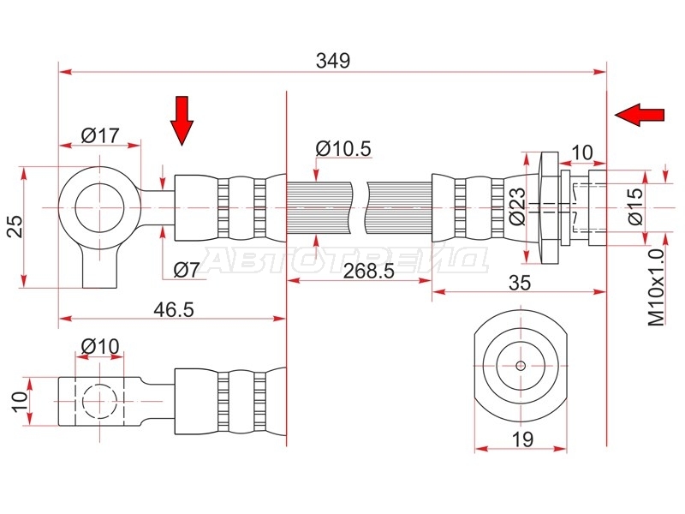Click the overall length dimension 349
tap(333, 61)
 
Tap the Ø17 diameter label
tap(100, 135)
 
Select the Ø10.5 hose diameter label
tap(343, 148)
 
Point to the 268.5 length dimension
tap(369, 271)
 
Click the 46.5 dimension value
tap(174, 310)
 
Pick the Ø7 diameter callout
tap(187, 270)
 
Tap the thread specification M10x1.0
tap(656, 288)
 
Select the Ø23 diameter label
tap(518, 206)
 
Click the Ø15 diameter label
tap(635, 206)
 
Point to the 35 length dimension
tap(520, 283)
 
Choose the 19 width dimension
tap(522, 439)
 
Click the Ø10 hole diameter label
tap(100, 347)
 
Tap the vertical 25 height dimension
tap(16, 225)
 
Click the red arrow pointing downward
tap(182, 121)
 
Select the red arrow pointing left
tap(640, 115)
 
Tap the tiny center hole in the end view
tap(521, 366)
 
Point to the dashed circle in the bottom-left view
tap(100, 401)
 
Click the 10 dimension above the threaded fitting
tap(582, 153)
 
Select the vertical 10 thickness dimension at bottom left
tap(20, 401)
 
